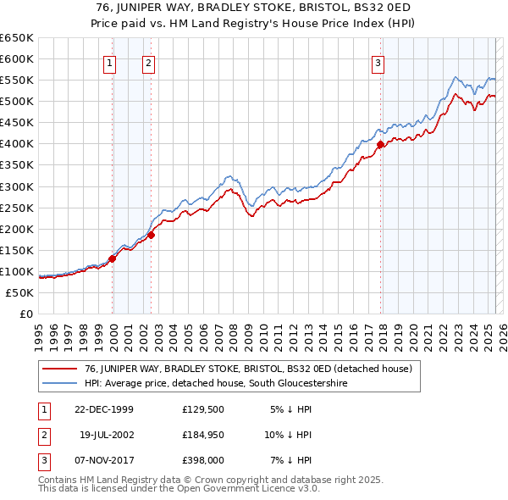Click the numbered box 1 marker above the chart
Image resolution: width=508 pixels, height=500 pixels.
pyautogui.click(x=111, y=62)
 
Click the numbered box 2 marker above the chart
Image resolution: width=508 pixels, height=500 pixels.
pyautogui.click(x=149, y=62)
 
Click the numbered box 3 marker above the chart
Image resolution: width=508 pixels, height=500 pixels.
pyautogui.click(x=378, y=62)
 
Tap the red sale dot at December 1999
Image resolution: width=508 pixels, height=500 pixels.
pyautogui.click(x=112, y=258)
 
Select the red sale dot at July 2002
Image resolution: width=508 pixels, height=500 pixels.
pyautogui.click(x=151, y=235)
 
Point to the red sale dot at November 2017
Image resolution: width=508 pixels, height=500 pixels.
pyautogui.click(x=380, y=144)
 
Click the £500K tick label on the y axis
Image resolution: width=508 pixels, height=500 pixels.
pyautogui.click(x=17, y=102)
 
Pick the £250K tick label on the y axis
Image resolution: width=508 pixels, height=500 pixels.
pyautogui.click(x=17, y=208)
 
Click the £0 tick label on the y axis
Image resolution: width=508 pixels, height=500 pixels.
pyautogui.click(x=25, y=314)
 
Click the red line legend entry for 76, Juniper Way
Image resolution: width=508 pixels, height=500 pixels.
pyautogui.click(x=247, y=369)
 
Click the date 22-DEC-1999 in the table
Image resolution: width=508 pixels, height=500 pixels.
pyautogui.click(x=104, y=408)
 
